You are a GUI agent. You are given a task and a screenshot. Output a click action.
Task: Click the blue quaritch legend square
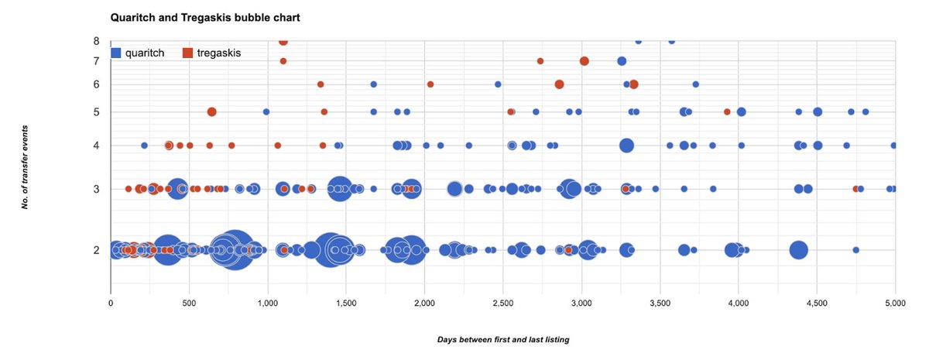[116, 53]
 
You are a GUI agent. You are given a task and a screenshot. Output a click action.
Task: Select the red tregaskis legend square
[187, 53]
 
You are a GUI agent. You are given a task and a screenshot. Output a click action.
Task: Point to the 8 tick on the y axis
[96, 41]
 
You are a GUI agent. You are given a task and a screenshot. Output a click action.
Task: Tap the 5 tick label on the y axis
[96, 111]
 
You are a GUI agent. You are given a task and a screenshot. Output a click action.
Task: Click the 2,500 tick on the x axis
[502, 304]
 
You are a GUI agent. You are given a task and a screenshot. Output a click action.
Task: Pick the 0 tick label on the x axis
[111, 304]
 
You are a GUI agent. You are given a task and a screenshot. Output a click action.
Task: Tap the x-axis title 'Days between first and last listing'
[502, 339]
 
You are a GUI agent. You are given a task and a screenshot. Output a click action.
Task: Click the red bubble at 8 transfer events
[283, 41]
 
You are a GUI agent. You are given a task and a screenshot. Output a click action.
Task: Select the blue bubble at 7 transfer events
[621, 61]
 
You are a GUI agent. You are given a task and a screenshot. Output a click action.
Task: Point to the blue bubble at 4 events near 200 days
[144, 145]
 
